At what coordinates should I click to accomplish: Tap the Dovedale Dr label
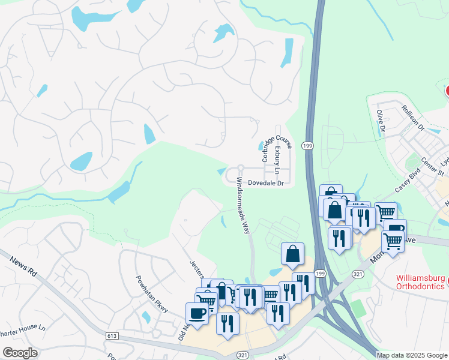(265, 182)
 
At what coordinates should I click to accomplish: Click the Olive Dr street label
(381, 119)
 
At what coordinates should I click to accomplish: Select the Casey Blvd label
(406, 179)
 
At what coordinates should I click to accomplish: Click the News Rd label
(24, 265)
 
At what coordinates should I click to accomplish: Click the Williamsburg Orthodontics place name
(422, 283)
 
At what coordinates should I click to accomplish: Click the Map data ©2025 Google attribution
(412, 355)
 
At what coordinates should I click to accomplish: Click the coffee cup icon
(197, 313)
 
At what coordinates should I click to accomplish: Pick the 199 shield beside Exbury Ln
(307, 146)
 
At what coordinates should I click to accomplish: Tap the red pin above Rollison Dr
(447, 91)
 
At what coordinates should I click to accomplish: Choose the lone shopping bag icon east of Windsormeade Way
(292, 254)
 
